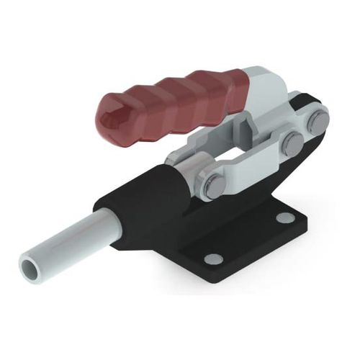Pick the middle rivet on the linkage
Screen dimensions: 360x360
coord(292,143)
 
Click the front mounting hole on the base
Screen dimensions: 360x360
coord(213,258)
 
